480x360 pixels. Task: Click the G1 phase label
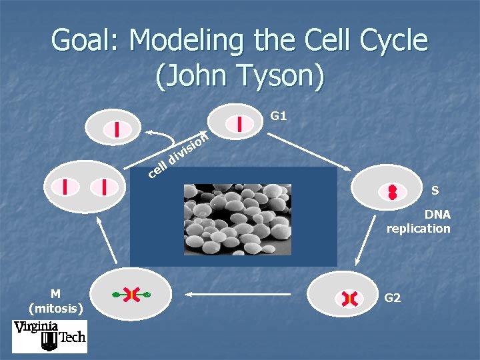coord(279,116)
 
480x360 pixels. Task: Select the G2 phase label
coord(393,298)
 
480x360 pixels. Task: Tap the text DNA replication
coord(419,221)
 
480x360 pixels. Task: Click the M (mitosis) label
coord(56,301)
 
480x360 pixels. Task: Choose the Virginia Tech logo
coord(49,336)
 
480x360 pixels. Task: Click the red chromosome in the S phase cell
coord(393,193)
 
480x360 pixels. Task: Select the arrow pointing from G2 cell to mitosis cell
coord(240,293)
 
